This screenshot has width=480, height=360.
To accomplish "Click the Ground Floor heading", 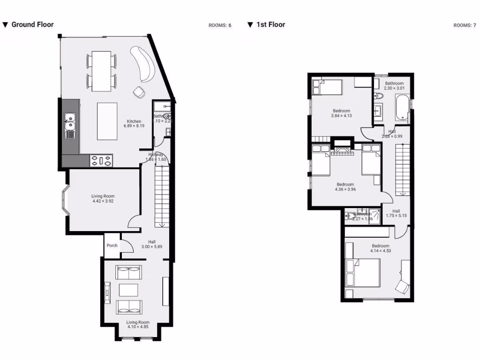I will (32, 24).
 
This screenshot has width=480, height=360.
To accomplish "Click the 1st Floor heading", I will (270, 24).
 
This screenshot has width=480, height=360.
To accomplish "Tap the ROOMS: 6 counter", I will (220, 25).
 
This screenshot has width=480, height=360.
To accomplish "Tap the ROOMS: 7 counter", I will (465, 25).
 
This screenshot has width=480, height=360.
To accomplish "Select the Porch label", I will (112, 245).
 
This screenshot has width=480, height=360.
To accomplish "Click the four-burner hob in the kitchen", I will (101, 161).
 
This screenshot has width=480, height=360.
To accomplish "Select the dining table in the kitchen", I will (101, 71).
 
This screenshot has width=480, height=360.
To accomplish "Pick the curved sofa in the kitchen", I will (143, 64).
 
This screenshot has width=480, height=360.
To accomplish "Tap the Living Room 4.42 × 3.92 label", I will (103, 199).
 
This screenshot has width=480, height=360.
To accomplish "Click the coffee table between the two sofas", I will (128, 290).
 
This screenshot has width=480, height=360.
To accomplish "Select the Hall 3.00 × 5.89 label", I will (151, 244).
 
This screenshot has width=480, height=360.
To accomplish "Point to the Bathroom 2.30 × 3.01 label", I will (394, 86).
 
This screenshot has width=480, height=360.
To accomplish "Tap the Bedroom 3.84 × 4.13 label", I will (341, 113).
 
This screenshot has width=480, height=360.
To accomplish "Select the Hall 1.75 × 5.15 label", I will (396, 213).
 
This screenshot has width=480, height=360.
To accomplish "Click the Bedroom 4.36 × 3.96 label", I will (345, 187).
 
